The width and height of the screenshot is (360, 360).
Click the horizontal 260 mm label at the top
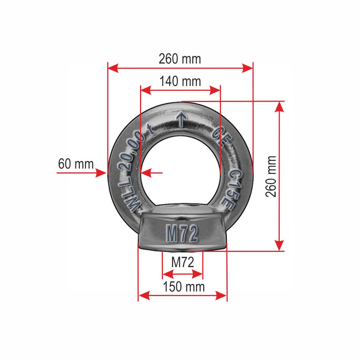tap(180, 59)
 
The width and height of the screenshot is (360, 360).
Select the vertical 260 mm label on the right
tap(271, 176)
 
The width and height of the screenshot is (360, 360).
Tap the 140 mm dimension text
tap(180, 81)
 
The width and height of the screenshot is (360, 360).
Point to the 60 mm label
tap(76, 164)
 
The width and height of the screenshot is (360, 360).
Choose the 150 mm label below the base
tap(184, 287)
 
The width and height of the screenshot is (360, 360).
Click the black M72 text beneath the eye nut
tap(183, 262)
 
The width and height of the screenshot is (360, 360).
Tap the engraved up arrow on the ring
tap(182, 119)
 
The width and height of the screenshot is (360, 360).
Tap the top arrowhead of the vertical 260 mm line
tap(280, 107)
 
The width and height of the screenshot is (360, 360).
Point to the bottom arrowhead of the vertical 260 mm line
tap(280, 246)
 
